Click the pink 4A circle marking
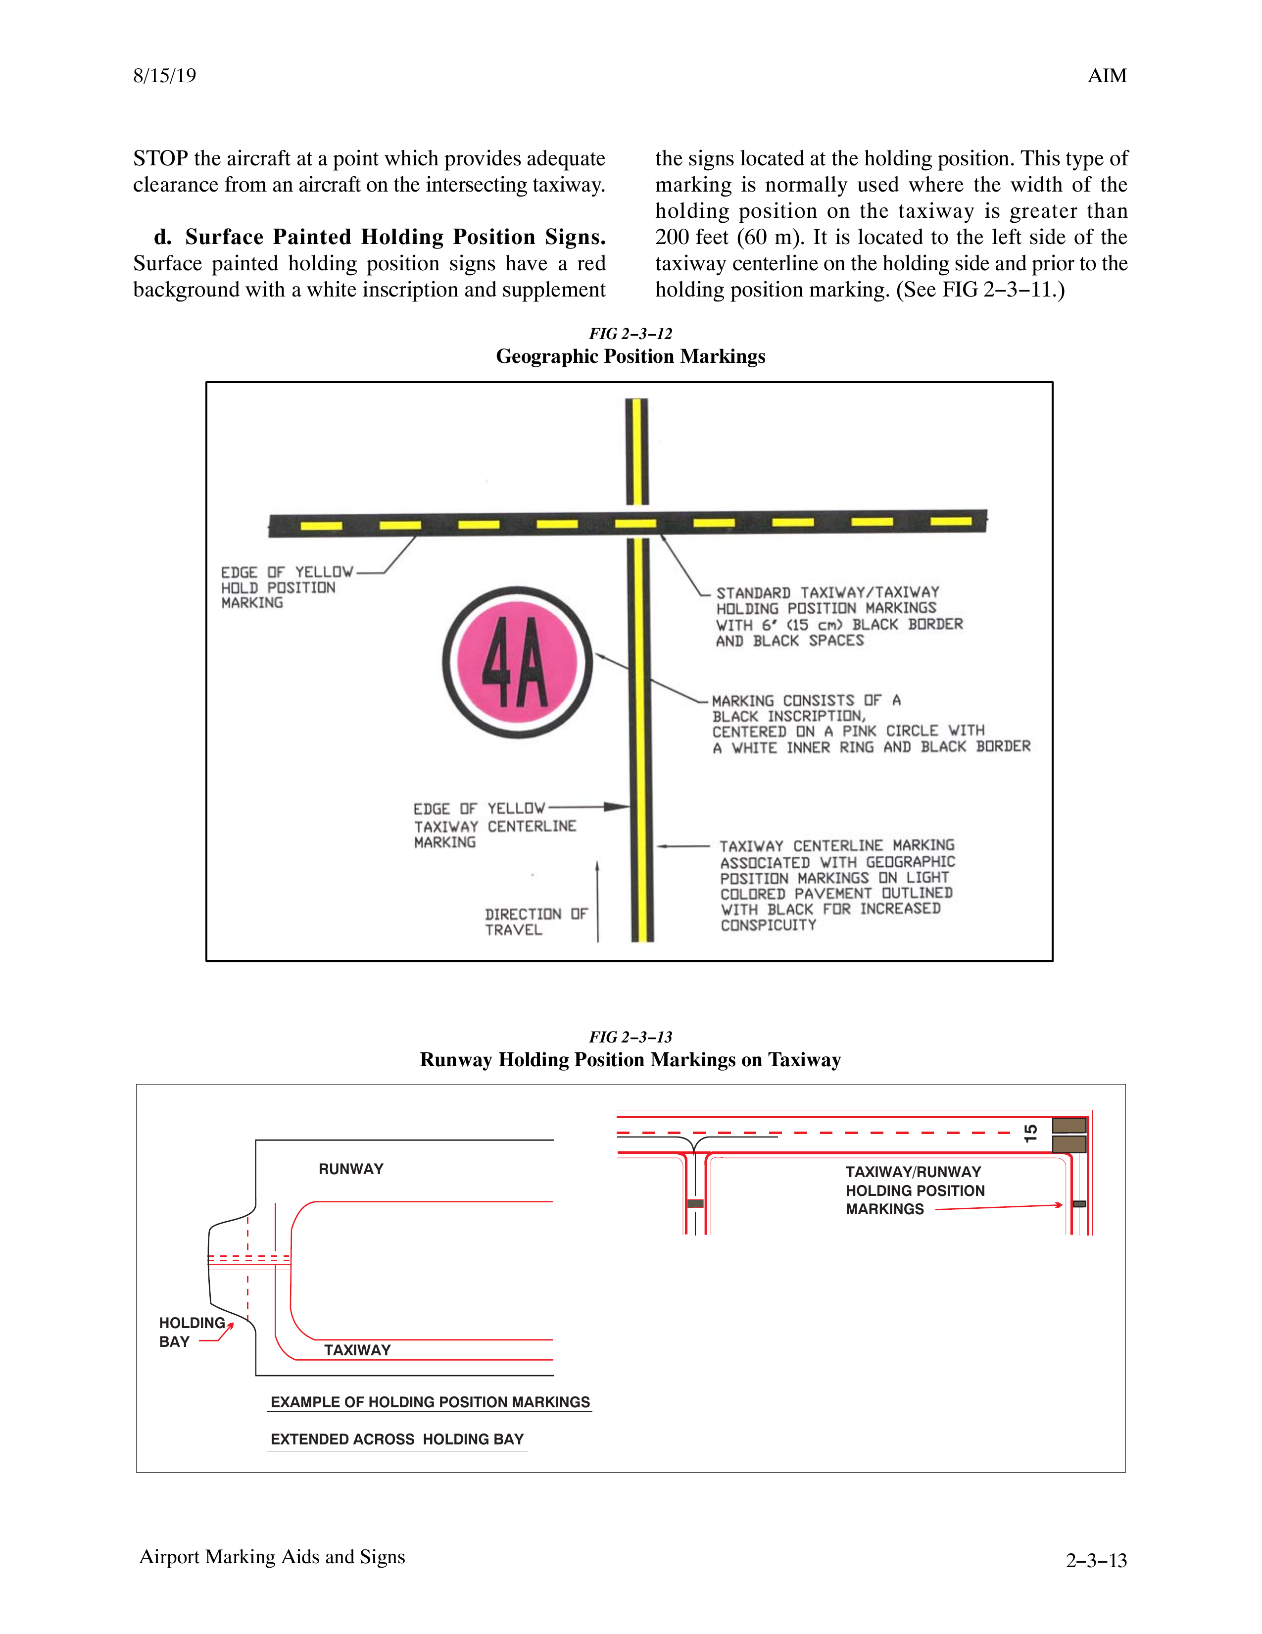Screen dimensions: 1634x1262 point(517,662)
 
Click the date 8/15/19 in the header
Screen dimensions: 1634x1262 point(165,76)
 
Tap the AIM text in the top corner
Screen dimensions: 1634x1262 point(1107,76)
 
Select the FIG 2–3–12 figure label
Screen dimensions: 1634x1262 point(630,334)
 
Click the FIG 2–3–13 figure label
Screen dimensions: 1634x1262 point(630,1037)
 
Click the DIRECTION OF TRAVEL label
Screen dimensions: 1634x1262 point(535,922)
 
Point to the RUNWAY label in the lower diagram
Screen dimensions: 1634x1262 point(351,1169)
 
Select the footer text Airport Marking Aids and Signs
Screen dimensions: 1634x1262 point(272,1557)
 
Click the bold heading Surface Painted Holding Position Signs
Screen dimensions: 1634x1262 point(395,237)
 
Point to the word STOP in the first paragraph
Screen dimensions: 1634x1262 point(160,158)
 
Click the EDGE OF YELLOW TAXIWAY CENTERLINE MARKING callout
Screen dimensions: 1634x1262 point(494,825)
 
